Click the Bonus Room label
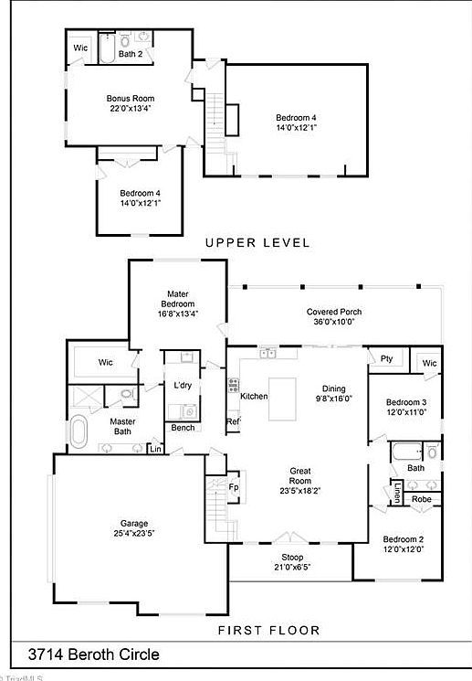(x=131, y=102)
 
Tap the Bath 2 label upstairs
(x=131, y=54)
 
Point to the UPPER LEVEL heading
(x=257, y=242)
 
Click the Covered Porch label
(x=335, y=316)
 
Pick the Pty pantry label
(x=386, y=358)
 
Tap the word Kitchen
(x=254, y=396)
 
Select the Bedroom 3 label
(x=405, y=407)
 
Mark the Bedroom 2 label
(x=403, y=544)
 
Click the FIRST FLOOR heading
(x=268, y=630)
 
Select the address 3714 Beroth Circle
(x=93, y=654)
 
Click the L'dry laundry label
(x=183, y=385)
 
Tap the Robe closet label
(x=421, y=499)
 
